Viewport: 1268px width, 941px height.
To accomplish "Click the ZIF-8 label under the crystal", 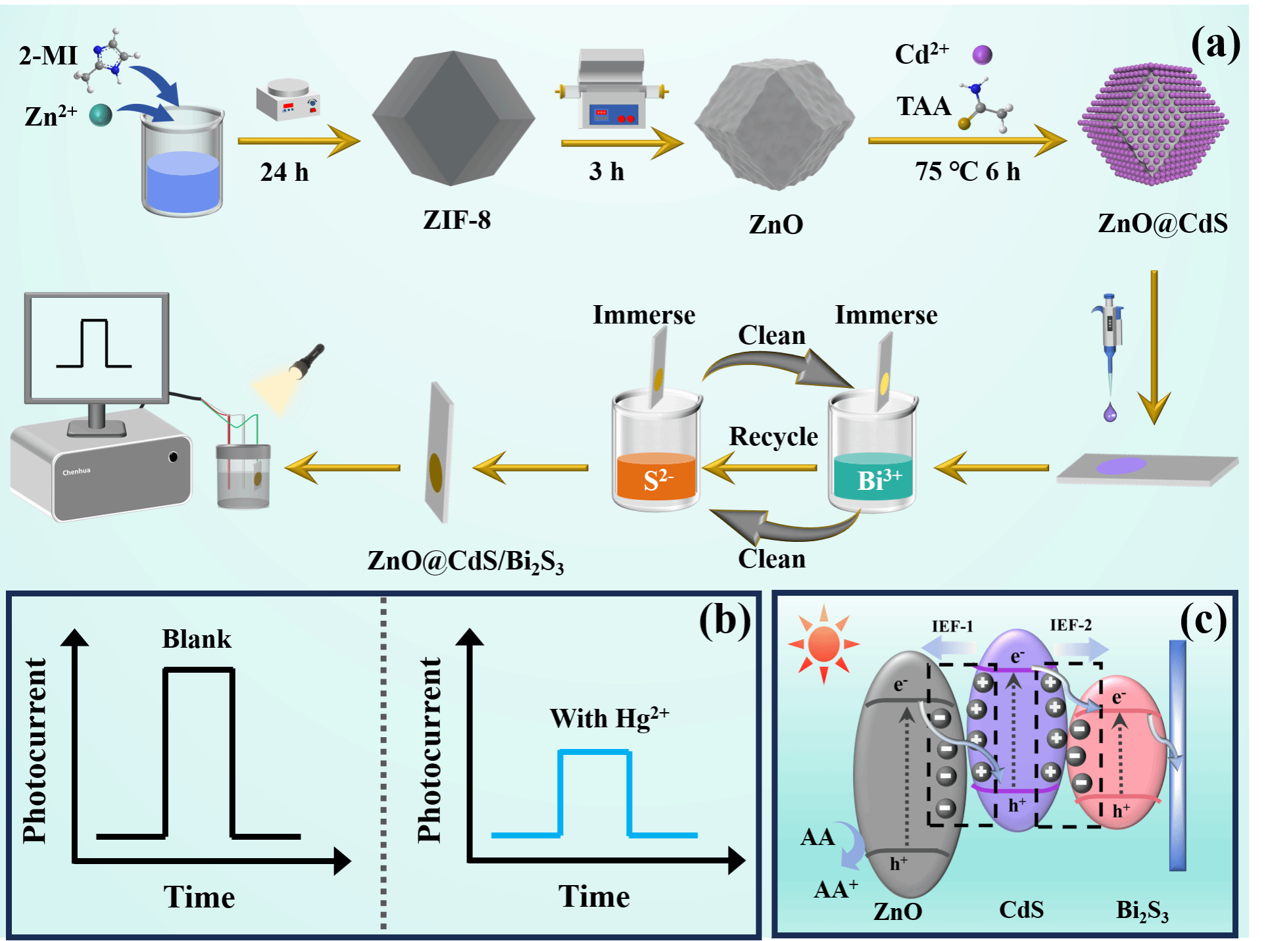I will pyautogui.click(x=456, y=220).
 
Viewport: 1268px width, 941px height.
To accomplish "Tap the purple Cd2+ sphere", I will pyautogui.click(x=982, y=55).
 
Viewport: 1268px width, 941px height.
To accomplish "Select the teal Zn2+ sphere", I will pyautogui.click(x=101, y=115).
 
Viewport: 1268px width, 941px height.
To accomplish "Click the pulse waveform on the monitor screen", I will pyautogui.click(x=94, y=343).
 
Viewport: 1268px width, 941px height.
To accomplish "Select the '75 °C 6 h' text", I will pyautogui.click(x=967, y=172).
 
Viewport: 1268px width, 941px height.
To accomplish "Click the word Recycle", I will pyautogui.click(x=773, y=437).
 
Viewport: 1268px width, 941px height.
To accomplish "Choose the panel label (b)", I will pyautogui.click(x=724, y=619).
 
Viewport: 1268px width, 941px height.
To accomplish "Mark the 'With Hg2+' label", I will pyautogui.click(x=609, y=718).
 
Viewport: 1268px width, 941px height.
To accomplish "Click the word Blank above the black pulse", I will pyautogui.click(x=197, y=639).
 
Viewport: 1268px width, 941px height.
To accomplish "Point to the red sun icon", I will pyautogui.click(x=823, y=644).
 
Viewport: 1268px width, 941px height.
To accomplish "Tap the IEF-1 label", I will pyautogui.click(x=952, y=626).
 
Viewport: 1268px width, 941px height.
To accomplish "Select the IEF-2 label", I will pyautogui.click(x=1070, y=625).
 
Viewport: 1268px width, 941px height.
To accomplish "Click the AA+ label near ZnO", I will pyautogui.click(x=835, y=889).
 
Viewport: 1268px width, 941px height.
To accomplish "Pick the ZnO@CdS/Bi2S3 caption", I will pyautogui.click(x=465, y=562).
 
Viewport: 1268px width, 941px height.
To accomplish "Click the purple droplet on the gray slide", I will pyautogui.click(x=1121, y=466).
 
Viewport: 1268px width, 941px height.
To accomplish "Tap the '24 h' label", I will pyautogui.click(x=284, y=172).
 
